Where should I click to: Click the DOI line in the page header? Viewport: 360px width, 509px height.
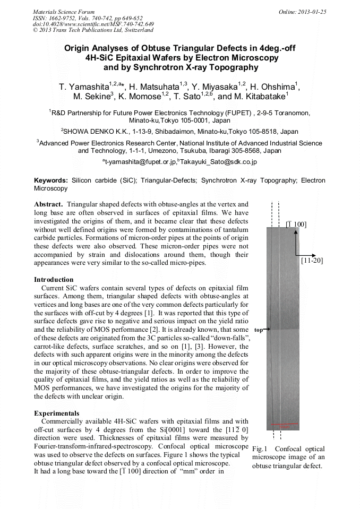(93, 24)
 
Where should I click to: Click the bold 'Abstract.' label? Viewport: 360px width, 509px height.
(49, 204)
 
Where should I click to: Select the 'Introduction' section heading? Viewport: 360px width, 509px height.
(54, 279)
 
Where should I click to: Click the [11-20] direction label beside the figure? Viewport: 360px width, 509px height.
(311, 261)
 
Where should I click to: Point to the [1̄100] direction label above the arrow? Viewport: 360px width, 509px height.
(296, 225)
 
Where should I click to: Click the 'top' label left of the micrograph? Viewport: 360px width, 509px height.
(259, 330)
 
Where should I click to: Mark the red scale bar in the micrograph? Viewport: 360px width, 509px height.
(284, 424)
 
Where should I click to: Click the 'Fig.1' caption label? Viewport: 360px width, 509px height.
(261, 448)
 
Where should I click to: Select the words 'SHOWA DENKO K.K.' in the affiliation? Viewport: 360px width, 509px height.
(93, 132)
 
